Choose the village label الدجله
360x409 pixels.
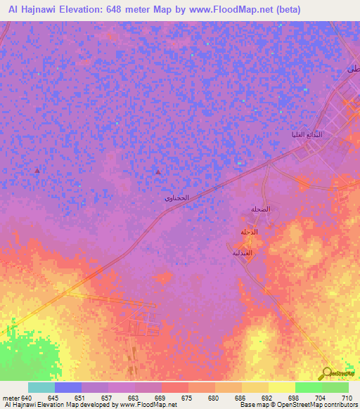click(x=250, y=232)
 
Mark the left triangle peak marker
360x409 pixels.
click(x=37, y=171)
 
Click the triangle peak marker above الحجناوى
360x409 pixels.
click(x=157, y=171)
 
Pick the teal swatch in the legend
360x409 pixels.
click(x=41, y=387)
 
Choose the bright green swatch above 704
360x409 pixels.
click(x=308, y=387)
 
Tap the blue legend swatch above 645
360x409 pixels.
click(x=68, y=387)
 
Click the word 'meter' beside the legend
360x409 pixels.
click(x=12, y=397)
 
